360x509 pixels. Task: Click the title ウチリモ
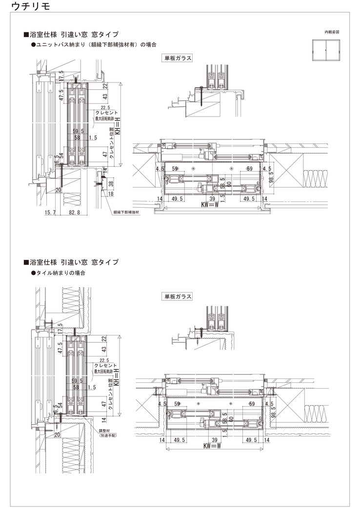pos(30,7)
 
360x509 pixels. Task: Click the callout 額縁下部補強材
pos(126,213)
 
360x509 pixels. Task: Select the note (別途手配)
pos(109,437)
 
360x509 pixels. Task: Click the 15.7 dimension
pos(50,213)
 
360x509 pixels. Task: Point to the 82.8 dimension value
pos(75,213)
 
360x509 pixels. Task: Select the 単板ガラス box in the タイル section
pos(178,296)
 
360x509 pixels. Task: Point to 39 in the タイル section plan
pos(212,440)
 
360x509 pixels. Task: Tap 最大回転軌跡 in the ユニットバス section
pos(104,118)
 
